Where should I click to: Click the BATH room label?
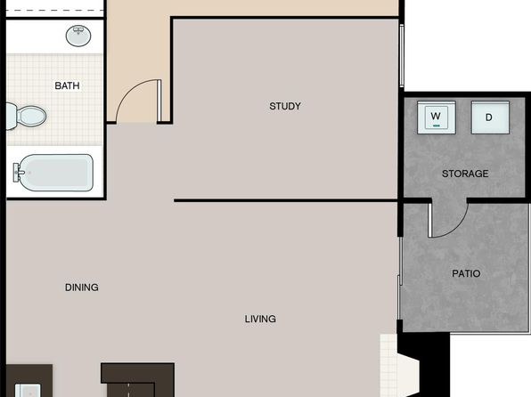click(x=67, y=85)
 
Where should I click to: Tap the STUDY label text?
click(x=285, y=106)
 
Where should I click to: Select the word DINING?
click(x=82, y=288)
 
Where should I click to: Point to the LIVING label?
click(x=260, y=319)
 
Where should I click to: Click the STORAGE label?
click(x=465, y=174)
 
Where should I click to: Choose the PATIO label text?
click(x=466, y=273)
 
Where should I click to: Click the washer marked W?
click(x=437, y=117)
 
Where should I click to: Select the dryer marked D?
click(x=490, y=117)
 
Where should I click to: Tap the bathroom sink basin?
click(x=78, y=36)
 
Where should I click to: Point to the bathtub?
click(x=53, y=173)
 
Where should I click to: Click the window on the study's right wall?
click(x=402, y=56)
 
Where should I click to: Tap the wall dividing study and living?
click(x=285, y=200)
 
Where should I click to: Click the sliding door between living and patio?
click(x=400, y=279)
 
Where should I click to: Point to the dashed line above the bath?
click(x=54, y=11)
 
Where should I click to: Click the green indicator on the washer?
click(x=437, y=126)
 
